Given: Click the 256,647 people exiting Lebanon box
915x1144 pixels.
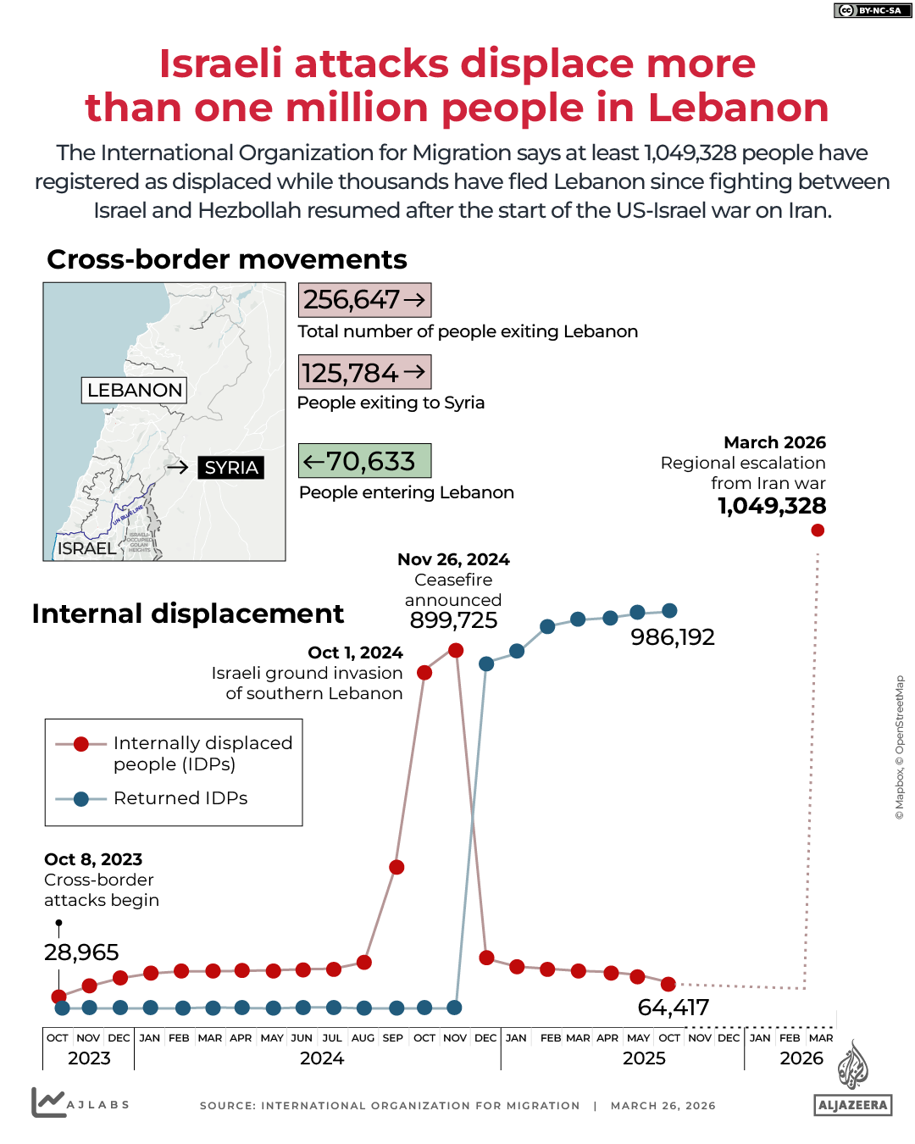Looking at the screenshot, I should (364, 300).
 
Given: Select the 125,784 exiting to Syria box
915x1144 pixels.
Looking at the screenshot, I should (364, 372).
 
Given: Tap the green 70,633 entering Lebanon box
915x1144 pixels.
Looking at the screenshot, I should (364, 461).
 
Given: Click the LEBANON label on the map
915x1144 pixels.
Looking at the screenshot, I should (135, 390).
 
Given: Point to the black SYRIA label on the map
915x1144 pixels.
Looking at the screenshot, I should (230, 468).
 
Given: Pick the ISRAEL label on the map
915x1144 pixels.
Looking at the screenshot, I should (86, 548).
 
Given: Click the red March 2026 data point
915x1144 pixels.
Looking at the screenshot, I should (818, 530).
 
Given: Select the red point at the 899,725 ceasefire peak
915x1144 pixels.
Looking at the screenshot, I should (456, 650).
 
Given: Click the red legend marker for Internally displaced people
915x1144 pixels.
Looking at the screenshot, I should (81, 744).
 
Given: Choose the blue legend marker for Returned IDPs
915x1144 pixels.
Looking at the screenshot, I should (81, 799).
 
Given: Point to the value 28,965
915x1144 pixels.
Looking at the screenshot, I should (81, 952).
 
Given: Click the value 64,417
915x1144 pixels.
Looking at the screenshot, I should (674, 1008).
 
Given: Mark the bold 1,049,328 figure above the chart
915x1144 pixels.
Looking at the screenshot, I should (772, 506).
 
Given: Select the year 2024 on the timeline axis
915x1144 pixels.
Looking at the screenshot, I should (322, 1058).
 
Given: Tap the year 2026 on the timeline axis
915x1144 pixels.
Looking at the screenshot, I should (801, 1058).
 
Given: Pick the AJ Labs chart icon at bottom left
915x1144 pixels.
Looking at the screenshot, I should (48, 1102).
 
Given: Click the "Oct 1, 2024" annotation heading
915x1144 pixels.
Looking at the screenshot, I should (355, 653).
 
